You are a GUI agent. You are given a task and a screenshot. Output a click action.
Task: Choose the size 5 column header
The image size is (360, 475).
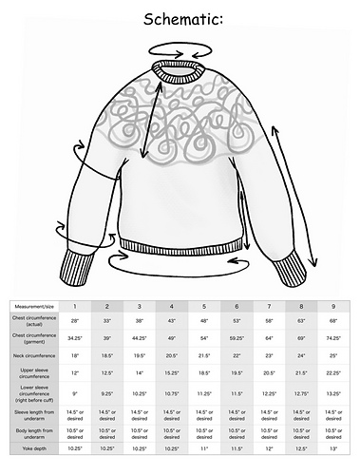coord(203,306)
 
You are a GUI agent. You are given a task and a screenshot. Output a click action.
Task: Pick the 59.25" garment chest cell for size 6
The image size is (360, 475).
coord(236,337)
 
